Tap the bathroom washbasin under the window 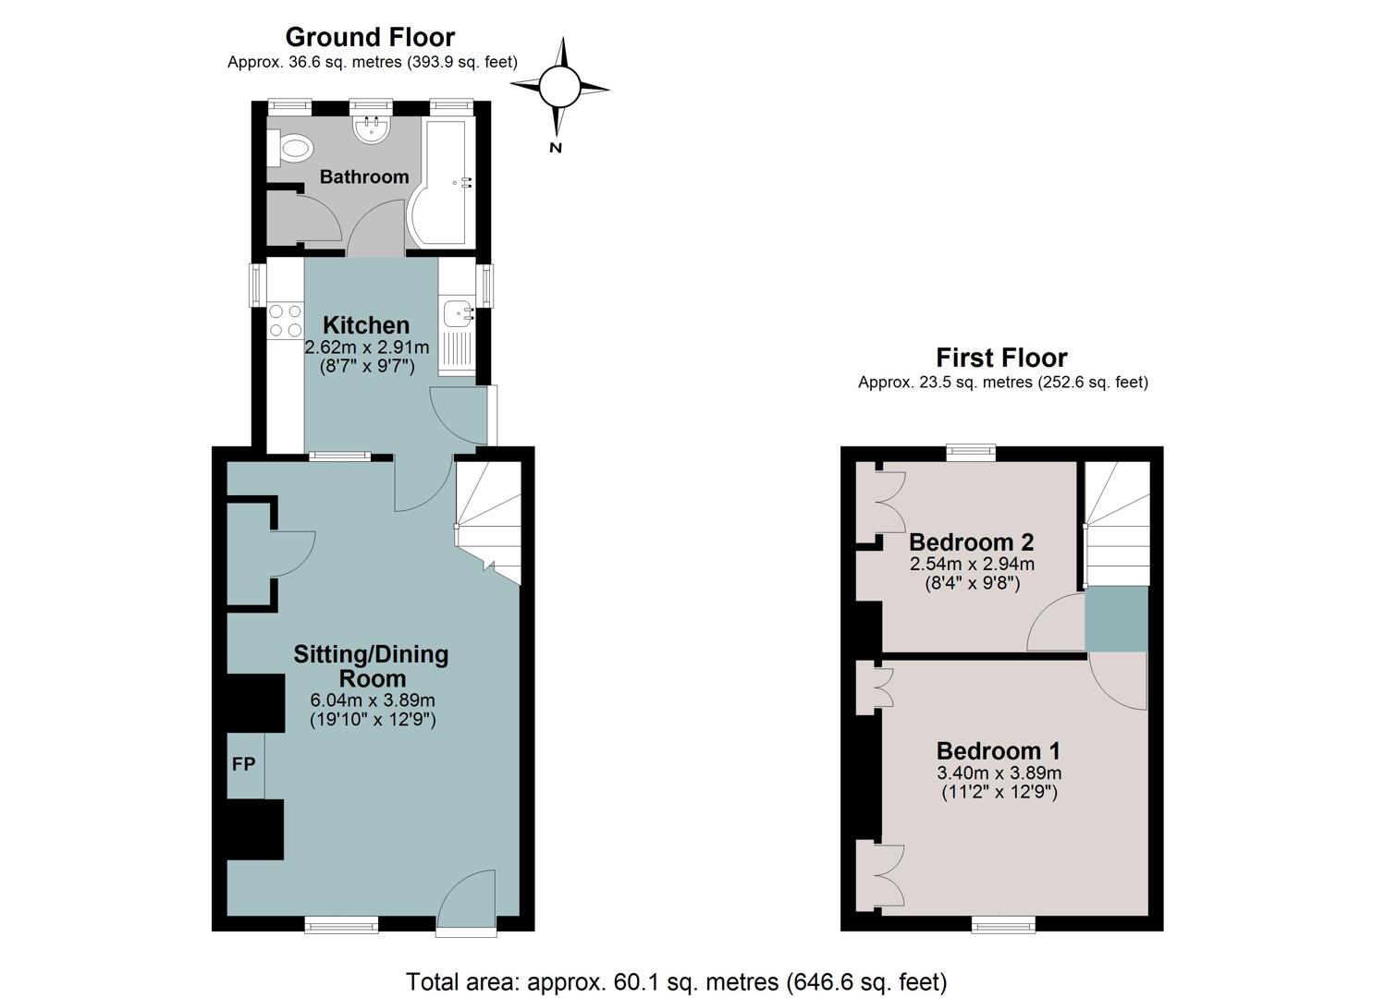(371, 129)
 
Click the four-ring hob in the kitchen (286, 321)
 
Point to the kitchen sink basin (458, 313)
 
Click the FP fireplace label (243, 764)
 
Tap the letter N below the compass (556, 148)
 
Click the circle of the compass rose (559, 87)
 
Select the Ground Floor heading (370, 37)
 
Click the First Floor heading (1001, 358)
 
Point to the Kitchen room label (366, 324)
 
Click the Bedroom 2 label (972, 542)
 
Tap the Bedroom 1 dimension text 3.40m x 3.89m (999, 773)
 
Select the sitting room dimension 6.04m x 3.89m (373, 700)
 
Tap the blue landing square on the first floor (1116, 619)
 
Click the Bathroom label (364, 177)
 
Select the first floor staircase (1118, 524)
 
